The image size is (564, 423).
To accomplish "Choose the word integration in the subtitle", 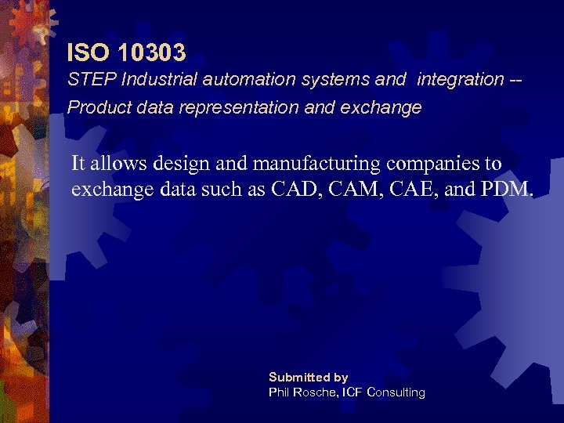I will tap(461, 79).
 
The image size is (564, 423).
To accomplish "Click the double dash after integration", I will tap(517, 79).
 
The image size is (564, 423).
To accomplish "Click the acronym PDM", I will tap(512, 190).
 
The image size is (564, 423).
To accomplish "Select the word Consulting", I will tap(396, 392).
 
